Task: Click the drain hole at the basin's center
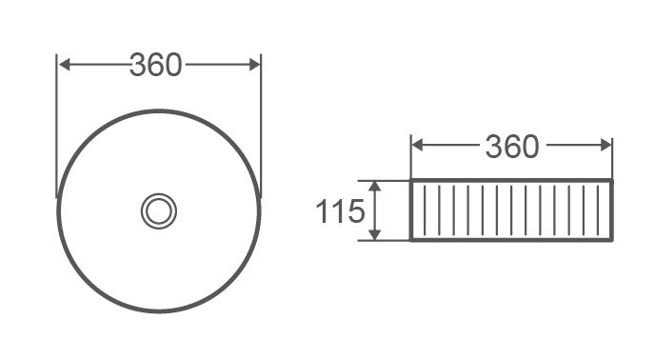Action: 159,210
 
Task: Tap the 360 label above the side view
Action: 512,146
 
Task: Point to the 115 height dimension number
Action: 340,211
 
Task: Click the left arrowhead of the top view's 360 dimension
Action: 64,65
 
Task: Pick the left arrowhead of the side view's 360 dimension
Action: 417,146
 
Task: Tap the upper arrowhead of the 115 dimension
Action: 377,186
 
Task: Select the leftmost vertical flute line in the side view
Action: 425,210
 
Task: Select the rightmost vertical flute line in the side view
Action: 597,210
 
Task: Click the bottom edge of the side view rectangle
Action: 512,240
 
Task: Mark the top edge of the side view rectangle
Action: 512,180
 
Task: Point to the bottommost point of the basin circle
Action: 159,311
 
